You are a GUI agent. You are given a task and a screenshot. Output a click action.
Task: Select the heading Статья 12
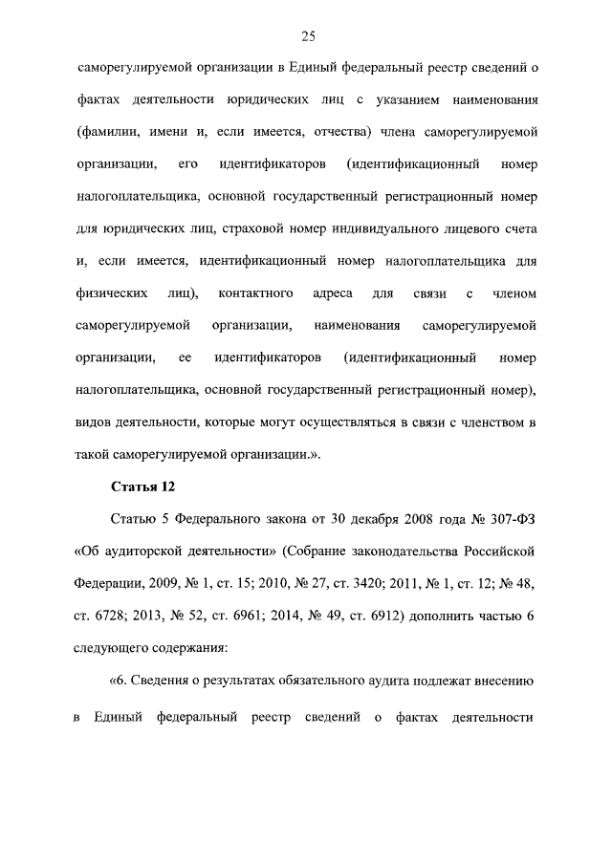[143, 487]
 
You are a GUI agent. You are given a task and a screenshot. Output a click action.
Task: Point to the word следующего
[114, 648]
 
